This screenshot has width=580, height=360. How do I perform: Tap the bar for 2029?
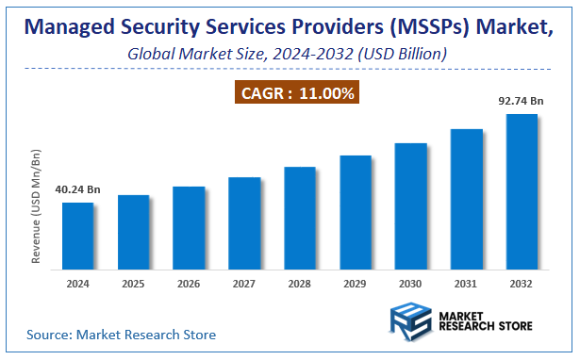point(356,211)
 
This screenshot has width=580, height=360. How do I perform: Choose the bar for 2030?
point(411,205)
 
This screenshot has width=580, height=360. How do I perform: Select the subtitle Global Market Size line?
point(287,55)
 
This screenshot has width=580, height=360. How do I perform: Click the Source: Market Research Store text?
point(121,335)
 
